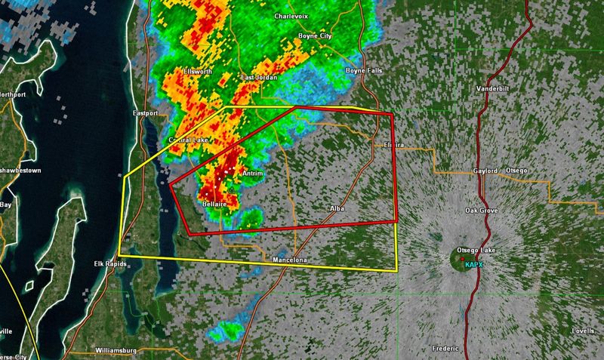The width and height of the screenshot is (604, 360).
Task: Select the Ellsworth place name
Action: point(199,72)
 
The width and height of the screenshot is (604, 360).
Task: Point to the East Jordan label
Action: point(259,78)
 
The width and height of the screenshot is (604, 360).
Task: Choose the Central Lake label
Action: point(188,140)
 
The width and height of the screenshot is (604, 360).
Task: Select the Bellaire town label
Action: point(217,204)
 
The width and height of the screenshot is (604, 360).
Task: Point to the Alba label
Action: point(337,207)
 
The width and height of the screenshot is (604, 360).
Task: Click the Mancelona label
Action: point(291,261)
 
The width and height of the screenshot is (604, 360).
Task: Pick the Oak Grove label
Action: point(482,211)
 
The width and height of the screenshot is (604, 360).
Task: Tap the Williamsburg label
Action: point(121,352)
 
